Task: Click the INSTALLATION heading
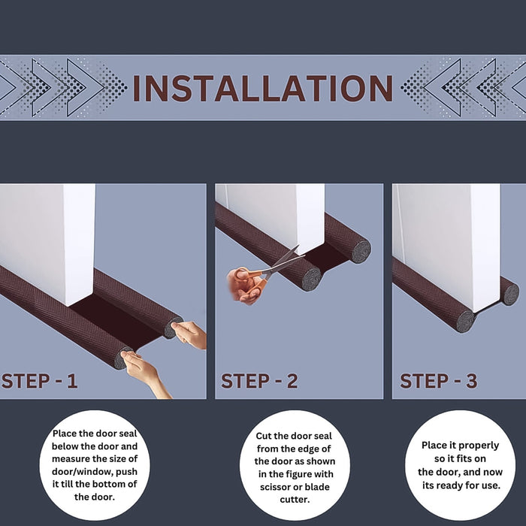[262, 88]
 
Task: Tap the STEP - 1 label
[39, 381]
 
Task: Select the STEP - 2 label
[259, 381]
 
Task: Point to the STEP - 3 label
[438, 381]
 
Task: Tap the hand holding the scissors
[244, 286]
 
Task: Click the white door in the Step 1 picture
[45, 233]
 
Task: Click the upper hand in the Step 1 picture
[190, 333]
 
